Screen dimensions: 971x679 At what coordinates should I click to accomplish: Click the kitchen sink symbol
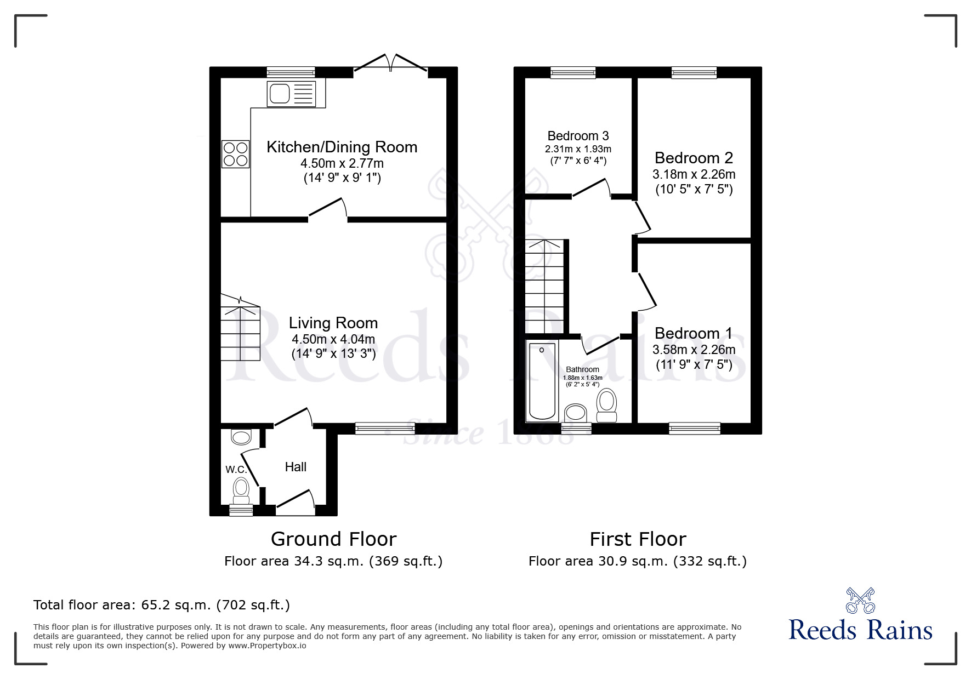291,93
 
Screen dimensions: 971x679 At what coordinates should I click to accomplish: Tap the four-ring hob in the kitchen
235,153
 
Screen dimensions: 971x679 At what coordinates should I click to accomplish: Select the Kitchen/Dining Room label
342,147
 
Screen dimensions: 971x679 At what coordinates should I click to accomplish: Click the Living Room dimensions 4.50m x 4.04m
333,339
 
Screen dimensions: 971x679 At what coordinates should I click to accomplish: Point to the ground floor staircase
240,329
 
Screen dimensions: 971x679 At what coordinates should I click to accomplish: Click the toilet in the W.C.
241,490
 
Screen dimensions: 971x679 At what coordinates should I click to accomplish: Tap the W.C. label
236,470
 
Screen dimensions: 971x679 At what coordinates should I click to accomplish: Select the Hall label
296,467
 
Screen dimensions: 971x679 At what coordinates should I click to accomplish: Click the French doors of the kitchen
390,62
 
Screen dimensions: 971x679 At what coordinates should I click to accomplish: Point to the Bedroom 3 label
578,135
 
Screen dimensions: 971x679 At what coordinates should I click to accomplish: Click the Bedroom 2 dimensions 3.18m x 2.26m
694,174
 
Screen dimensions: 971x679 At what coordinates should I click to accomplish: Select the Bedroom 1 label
694,333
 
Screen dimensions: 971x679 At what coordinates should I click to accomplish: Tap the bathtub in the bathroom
542,381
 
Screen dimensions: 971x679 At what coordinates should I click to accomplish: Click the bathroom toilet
606,406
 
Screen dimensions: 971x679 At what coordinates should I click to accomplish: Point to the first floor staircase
544,286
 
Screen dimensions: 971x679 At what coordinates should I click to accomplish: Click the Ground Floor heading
333,539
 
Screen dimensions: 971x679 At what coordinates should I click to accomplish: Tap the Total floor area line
162,605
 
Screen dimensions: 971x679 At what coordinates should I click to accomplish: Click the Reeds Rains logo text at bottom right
861,630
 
